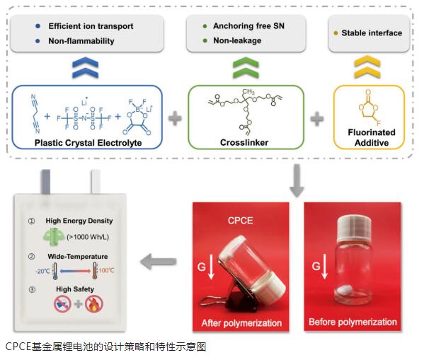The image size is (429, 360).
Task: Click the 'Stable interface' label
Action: tap(371, 33)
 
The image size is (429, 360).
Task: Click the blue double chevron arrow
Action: tap(85, 68)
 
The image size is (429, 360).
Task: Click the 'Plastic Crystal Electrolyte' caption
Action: tap(88, 142)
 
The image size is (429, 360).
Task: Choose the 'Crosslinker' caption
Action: tap(245, 142)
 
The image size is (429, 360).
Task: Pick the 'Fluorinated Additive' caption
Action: tap(370, 137)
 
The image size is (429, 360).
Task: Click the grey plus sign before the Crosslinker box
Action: tap(173, 117)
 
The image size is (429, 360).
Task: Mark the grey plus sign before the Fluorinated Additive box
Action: tap(316, 117)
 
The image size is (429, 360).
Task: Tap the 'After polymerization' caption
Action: tap(240, 323)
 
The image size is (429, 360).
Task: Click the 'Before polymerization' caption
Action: tap(353, 323)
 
